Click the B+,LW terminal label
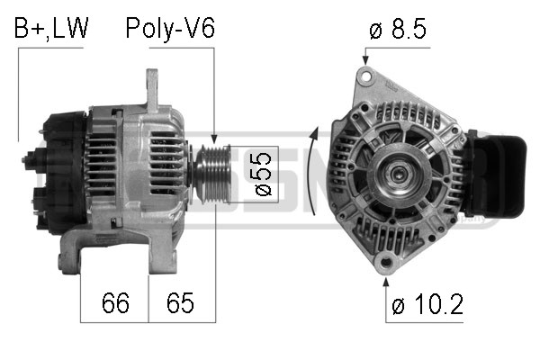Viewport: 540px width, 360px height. click(x=51, y=29)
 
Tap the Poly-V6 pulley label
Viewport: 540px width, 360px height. click(x=169, y=29)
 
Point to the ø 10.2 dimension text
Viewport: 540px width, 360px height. click(x=427, y=305)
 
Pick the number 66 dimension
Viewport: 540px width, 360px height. click(x=114, y=303)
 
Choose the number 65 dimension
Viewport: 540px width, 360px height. click(x=181, y=303)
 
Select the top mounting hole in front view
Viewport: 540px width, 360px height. click(x=366, y=79)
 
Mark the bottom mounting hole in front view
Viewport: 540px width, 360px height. click(x=388, y=264)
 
